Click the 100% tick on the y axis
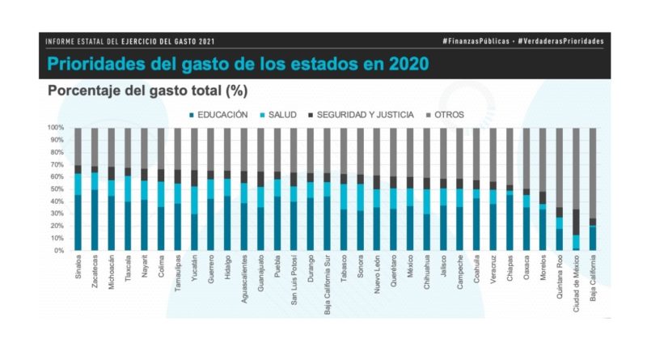click(56, 128)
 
